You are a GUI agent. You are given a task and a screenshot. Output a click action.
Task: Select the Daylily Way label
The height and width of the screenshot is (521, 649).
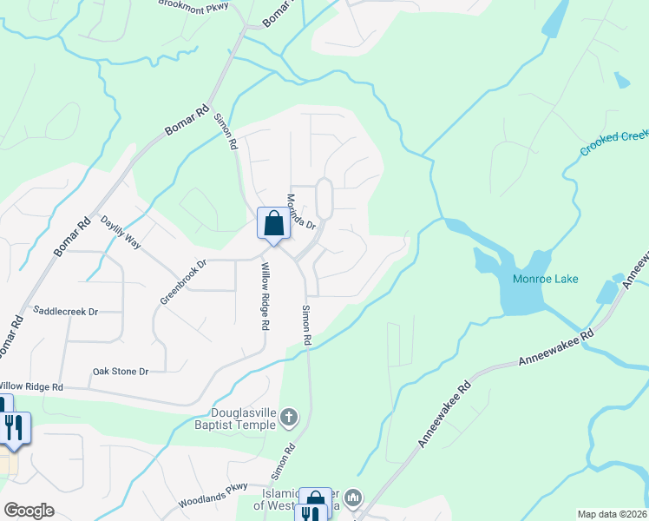pos(121,233)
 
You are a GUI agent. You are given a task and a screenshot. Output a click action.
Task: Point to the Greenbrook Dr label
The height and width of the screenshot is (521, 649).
pos(183,282)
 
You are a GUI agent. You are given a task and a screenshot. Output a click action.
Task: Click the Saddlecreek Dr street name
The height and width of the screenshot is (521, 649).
pos(65,310)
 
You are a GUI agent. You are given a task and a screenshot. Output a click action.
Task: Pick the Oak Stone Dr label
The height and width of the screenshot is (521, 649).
pos(121,372)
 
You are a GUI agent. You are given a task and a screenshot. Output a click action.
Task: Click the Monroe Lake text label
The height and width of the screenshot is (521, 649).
pos(545,279)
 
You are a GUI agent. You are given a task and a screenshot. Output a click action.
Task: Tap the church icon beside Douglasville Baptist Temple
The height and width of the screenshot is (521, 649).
pos(289,419)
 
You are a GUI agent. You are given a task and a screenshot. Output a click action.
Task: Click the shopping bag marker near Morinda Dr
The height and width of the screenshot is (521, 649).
pos(273,223)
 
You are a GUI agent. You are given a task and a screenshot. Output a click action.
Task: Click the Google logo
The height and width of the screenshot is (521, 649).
pos(29,511)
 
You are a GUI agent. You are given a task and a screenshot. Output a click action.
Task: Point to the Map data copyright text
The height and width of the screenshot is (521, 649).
pos(612,514)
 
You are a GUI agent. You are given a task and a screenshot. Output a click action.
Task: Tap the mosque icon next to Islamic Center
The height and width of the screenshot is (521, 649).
pos(352,498)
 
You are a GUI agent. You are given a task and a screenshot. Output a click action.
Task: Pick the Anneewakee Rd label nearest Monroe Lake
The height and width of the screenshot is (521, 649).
pos(555,347)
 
